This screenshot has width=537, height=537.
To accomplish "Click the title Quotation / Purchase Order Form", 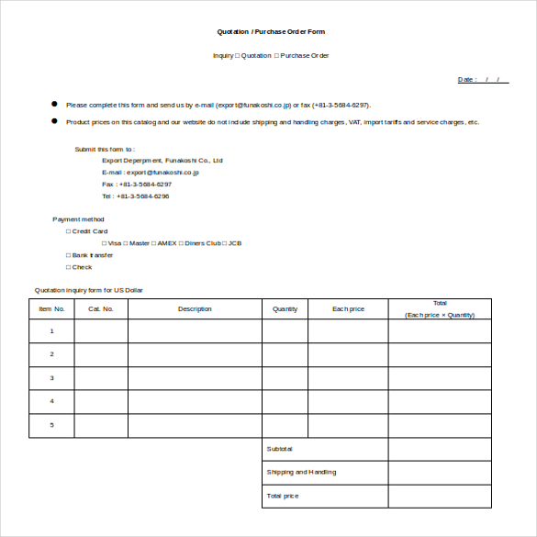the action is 270,32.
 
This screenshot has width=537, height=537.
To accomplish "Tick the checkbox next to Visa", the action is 104,243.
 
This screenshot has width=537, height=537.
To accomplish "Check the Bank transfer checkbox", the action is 68,255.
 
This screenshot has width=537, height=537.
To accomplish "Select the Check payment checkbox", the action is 68,267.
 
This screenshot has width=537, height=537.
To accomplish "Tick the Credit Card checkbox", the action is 68,231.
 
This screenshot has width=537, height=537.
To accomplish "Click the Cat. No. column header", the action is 101,309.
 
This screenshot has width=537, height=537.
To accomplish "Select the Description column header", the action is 195,309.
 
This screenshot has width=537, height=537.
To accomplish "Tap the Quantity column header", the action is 285,309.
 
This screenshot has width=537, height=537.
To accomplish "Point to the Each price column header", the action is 348,309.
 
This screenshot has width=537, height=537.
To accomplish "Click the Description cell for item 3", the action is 195,378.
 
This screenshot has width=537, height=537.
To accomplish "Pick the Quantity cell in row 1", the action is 285,331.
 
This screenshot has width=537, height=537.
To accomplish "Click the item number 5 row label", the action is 51,425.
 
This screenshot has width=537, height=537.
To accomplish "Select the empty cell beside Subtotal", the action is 439,449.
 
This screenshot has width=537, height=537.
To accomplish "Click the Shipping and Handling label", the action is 301,473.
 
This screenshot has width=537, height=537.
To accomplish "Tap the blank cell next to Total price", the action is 439,497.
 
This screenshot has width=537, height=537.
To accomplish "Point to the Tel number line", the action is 135,196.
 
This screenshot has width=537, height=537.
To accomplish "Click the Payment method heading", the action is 79,219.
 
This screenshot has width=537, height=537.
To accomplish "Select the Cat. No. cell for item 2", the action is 101,354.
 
